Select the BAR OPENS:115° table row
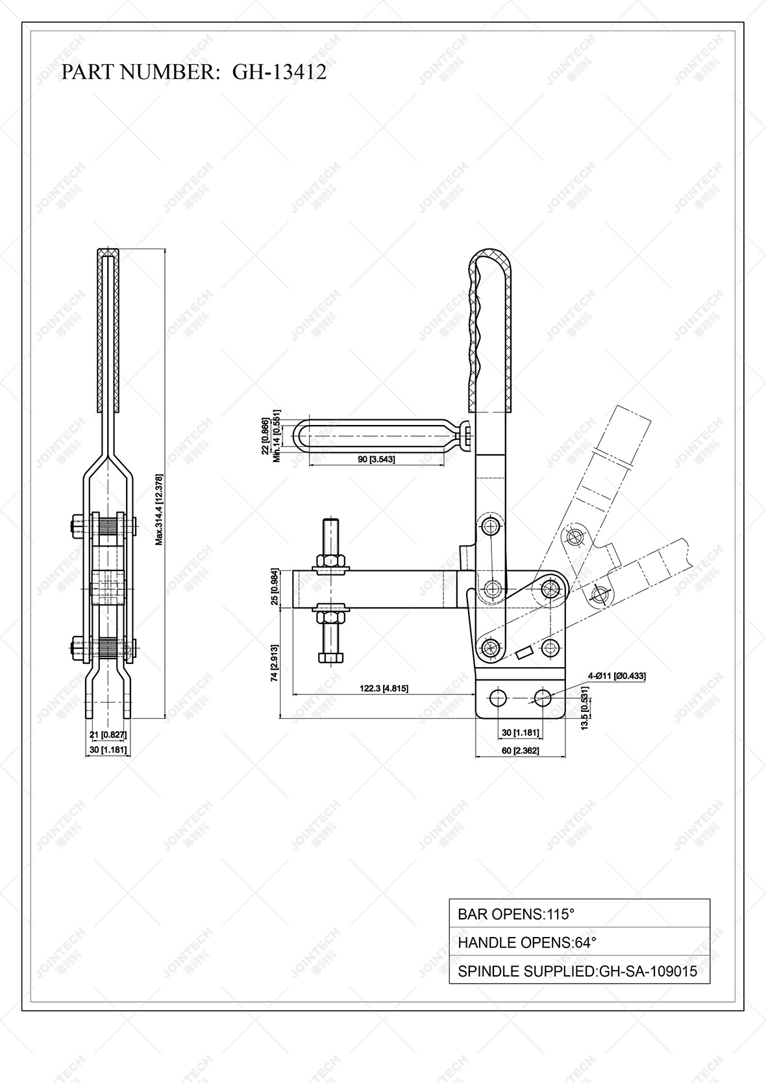tap(579, 914)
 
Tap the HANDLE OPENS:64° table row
tap(579, 942)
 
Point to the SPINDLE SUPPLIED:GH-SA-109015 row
tap(579, 971)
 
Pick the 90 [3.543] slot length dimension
tap(377, 459)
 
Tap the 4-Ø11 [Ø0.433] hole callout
tap(616, 675)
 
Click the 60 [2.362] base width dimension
tap(521, 751)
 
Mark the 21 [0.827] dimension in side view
tap(108, 735)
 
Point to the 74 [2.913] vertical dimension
tap(275, 662)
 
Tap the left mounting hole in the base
tap(498, 698)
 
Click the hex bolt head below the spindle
tap(330, 658)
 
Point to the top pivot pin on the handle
tap(490, 525)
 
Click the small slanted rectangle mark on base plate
tap(523, 652)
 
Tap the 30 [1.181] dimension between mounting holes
tap(520, 733)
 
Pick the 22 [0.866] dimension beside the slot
tap(265, 436)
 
